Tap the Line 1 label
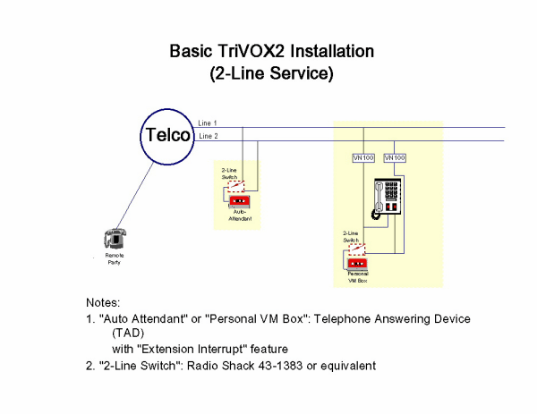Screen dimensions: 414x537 point(208,123)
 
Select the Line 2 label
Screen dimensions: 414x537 point(208,136)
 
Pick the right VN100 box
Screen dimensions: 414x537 point(395,158)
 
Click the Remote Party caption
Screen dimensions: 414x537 point(114,259)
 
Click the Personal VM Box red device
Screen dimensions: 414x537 point(357,263)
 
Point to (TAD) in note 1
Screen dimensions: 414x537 point(130,333)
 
